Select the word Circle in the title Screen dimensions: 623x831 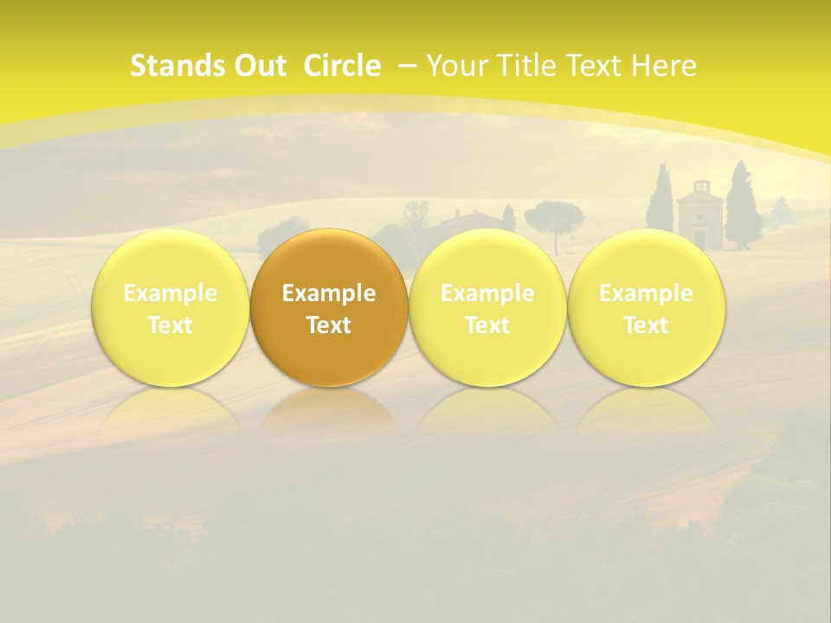342,66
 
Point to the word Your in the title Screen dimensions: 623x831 457,66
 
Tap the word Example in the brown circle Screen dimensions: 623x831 329,293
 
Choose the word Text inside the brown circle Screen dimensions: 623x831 329,325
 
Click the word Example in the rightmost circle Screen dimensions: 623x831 646,293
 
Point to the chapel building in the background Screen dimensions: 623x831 699,216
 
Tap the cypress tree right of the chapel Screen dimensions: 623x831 742,208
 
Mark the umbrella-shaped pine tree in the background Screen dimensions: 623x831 554,216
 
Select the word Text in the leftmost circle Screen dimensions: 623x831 170,325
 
